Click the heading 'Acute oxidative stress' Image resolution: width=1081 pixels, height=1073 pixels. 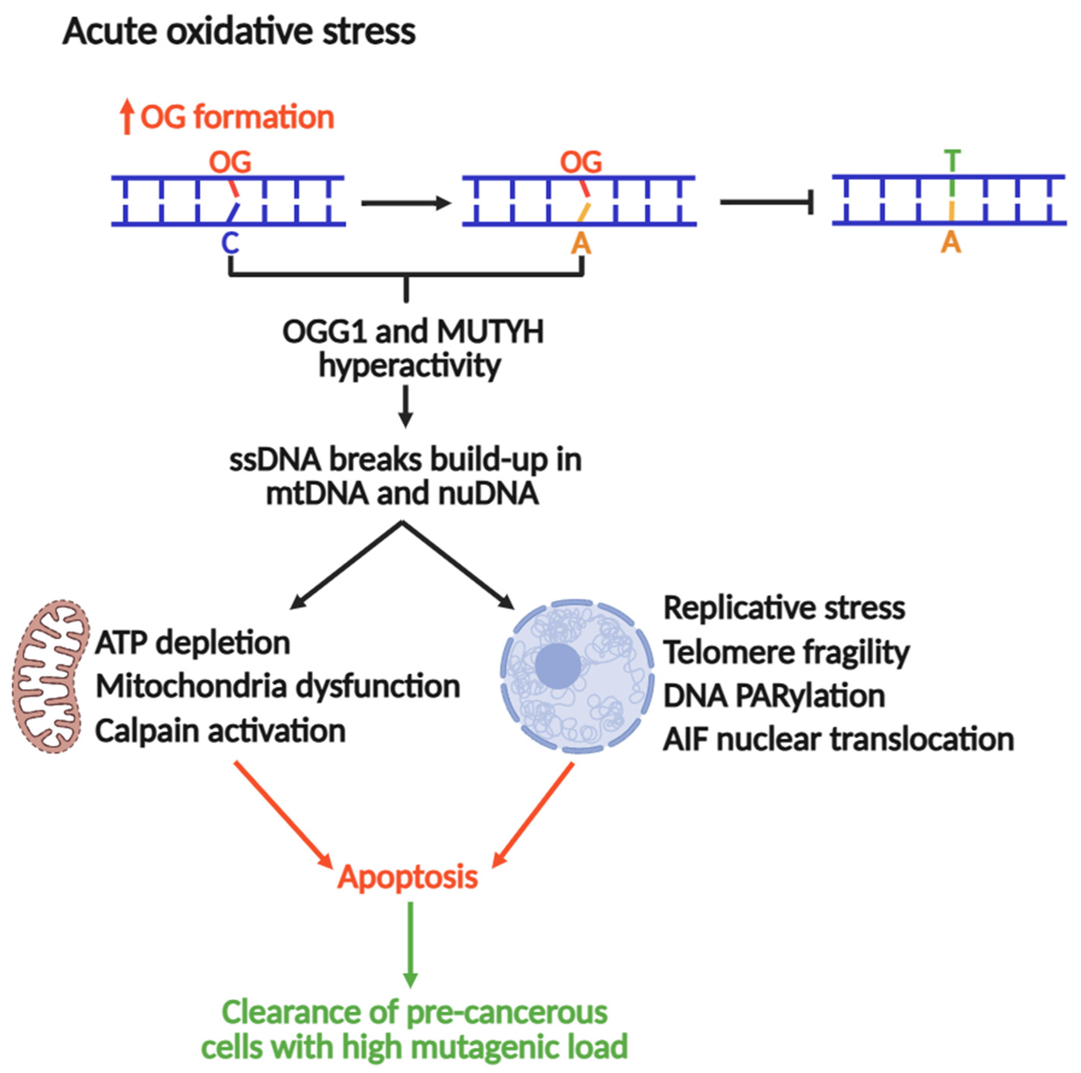239,32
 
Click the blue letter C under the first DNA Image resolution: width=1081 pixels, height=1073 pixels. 230,243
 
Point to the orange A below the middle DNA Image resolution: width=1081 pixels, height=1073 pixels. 581,243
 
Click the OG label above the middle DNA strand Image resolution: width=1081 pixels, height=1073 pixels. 581,162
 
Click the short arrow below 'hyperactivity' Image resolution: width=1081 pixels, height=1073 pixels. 406,407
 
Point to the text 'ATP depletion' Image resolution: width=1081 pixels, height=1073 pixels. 193,643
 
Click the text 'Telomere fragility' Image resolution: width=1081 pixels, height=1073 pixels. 786,652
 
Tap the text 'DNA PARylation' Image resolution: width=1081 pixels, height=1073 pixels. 774,696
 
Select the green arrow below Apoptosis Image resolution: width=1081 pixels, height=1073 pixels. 410,944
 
